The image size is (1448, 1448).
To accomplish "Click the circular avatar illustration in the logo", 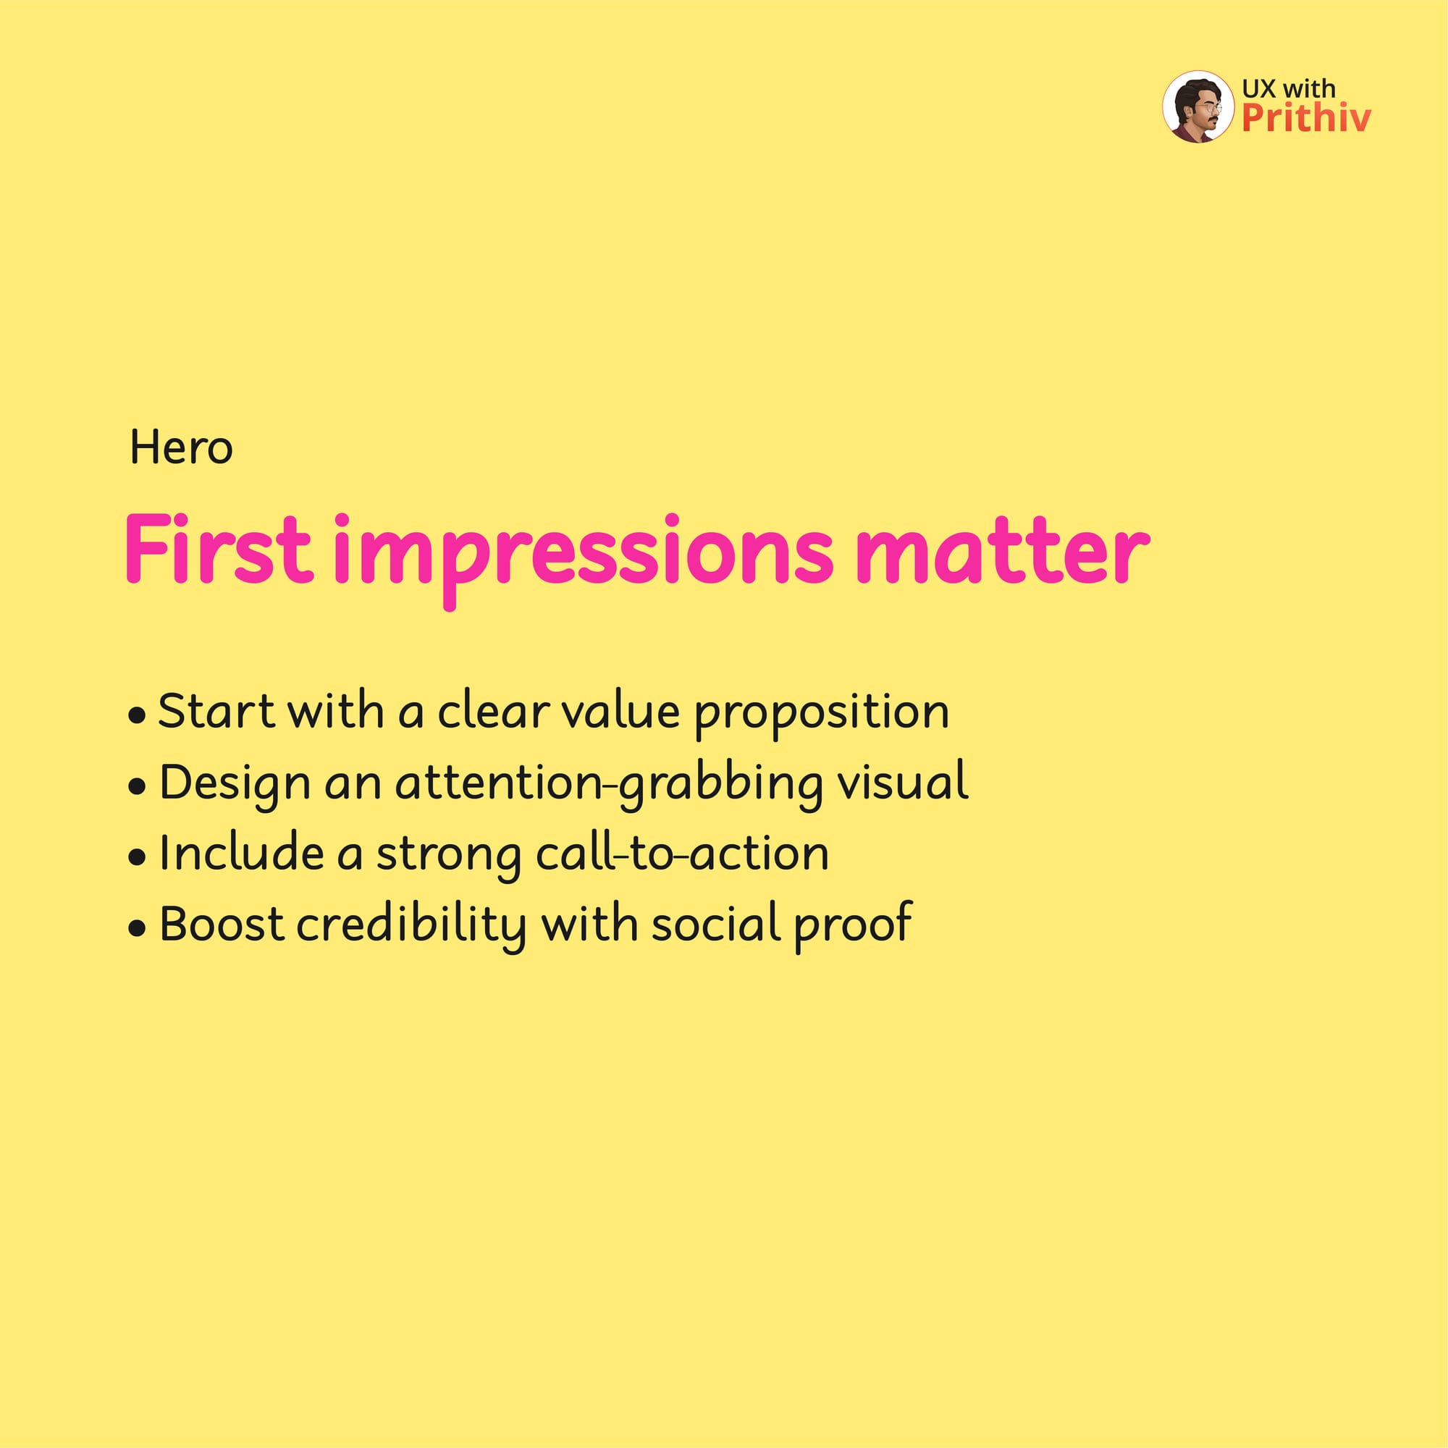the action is pyautogui.click(x=1197, y=106).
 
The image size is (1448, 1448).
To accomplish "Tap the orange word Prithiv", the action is pyautogui.click(x=1306, y=119).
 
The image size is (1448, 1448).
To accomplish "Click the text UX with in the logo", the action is pyautogui.click(x=1289, y=88).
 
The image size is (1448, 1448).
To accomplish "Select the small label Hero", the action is pyautogui.click(x=182, y=447).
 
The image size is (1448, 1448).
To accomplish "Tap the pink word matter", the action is pyautogui.click(x=1002, y=551).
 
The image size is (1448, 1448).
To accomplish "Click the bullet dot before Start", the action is pyautogui.click(x=136, y=716).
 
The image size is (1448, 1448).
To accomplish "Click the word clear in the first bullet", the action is pyautogui.click(x=494, y=710).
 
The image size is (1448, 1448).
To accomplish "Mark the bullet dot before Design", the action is pyautogui.click(x=136, y=788).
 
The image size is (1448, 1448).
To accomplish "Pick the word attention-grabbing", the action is pyautogui.click(x=609, y=786).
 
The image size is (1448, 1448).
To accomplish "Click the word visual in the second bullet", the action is pyautogui.click(x=903, y=782).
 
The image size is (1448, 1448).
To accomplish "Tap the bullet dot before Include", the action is pyautogui.click(x=136, y=858).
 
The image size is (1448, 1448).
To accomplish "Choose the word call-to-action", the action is pyautogui.click(x=683, y=852).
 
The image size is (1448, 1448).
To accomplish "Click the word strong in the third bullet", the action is pyautogui.click(x=448, y=857).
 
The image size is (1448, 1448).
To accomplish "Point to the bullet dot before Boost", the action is pyautogui.click(x=136, y=930).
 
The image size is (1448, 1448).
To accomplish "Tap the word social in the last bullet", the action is pyautogui.click(x=717, y=922).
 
